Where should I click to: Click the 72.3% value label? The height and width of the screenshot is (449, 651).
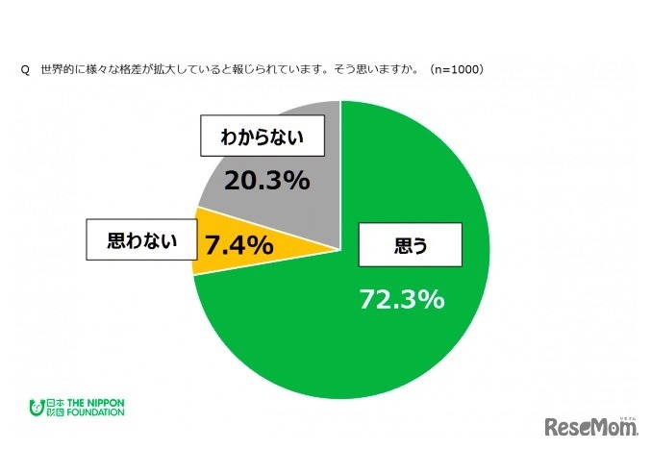tap(402, 299)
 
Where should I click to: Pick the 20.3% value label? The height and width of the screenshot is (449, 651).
tap(266, 180)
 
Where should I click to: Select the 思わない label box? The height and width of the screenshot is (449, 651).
tap(143, 241)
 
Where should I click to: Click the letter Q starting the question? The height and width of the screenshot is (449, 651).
tap(25, 70)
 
